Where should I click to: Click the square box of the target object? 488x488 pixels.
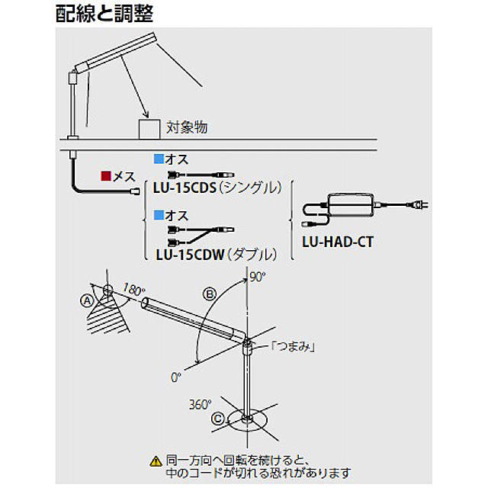point(149,128)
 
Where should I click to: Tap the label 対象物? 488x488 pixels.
point(187,127)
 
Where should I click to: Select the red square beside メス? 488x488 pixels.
point(106,177)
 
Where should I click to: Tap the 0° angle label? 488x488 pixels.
point(177,377)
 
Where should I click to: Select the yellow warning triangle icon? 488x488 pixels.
point(156,461)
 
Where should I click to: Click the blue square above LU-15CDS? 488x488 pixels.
point(159,159)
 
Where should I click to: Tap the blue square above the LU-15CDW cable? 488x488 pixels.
point(159,214)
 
